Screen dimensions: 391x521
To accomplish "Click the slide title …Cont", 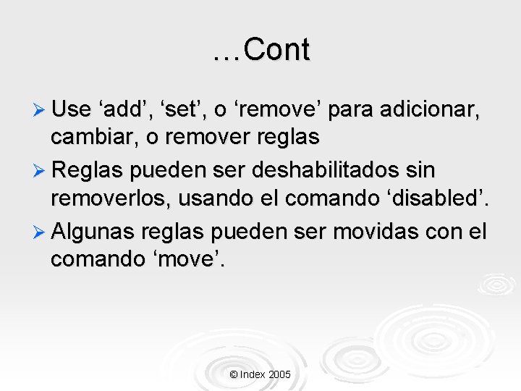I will point(261,50).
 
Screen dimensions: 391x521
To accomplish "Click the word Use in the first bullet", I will point(71,110).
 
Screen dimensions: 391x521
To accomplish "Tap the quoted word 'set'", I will point(185,110).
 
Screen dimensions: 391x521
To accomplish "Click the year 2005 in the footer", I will point(279,374).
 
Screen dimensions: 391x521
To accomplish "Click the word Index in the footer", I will point(252,374).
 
